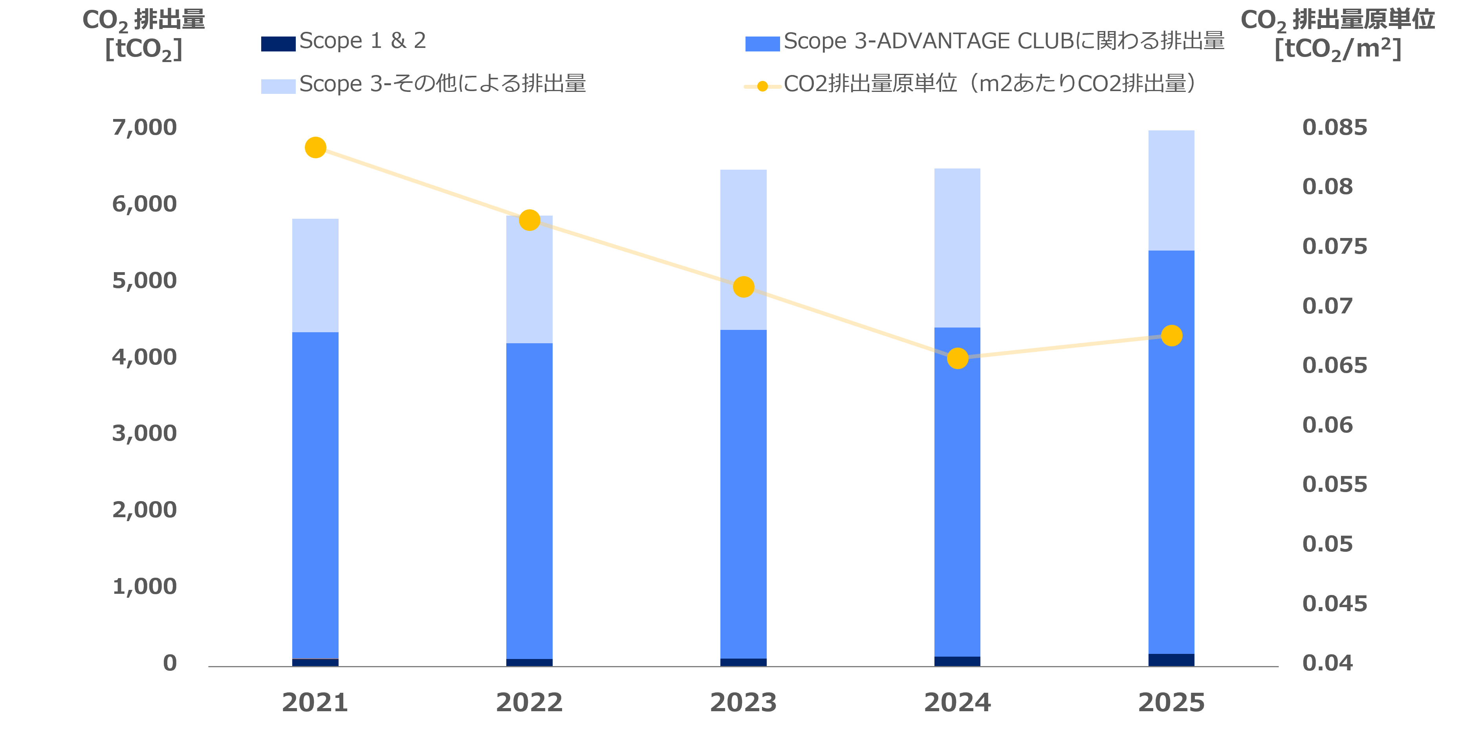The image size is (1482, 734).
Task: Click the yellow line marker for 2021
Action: pos(315,148)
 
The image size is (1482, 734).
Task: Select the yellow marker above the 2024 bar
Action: pos(957,359)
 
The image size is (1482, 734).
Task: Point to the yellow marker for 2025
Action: pos(1171,335)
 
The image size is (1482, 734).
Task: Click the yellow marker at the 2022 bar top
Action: pos(529,220)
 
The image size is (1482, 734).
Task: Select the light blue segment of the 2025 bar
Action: pos(1171,190)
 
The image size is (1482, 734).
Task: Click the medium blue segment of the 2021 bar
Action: pos(315,495)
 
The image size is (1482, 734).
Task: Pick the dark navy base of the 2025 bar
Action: pos(1171,660)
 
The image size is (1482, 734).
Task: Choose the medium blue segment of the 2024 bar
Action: pos(957,492)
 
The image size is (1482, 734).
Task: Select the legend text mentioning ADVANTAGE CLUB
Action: pos(1004,41)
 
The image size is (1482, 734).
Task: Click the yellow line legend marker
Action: pos(762,86)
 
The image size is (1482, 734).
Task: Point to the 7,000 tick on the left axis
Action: pos(145,127)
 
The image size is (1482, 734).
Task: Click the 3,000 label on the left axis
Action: pos(145,433)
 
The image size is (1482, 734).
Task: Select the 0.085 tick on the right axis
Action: pos(1334,127)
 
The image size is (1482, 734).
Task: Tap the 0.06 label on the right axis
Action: pos(1327,425)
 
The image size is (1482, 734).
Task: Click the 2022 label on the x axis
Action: pos(529,702)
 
